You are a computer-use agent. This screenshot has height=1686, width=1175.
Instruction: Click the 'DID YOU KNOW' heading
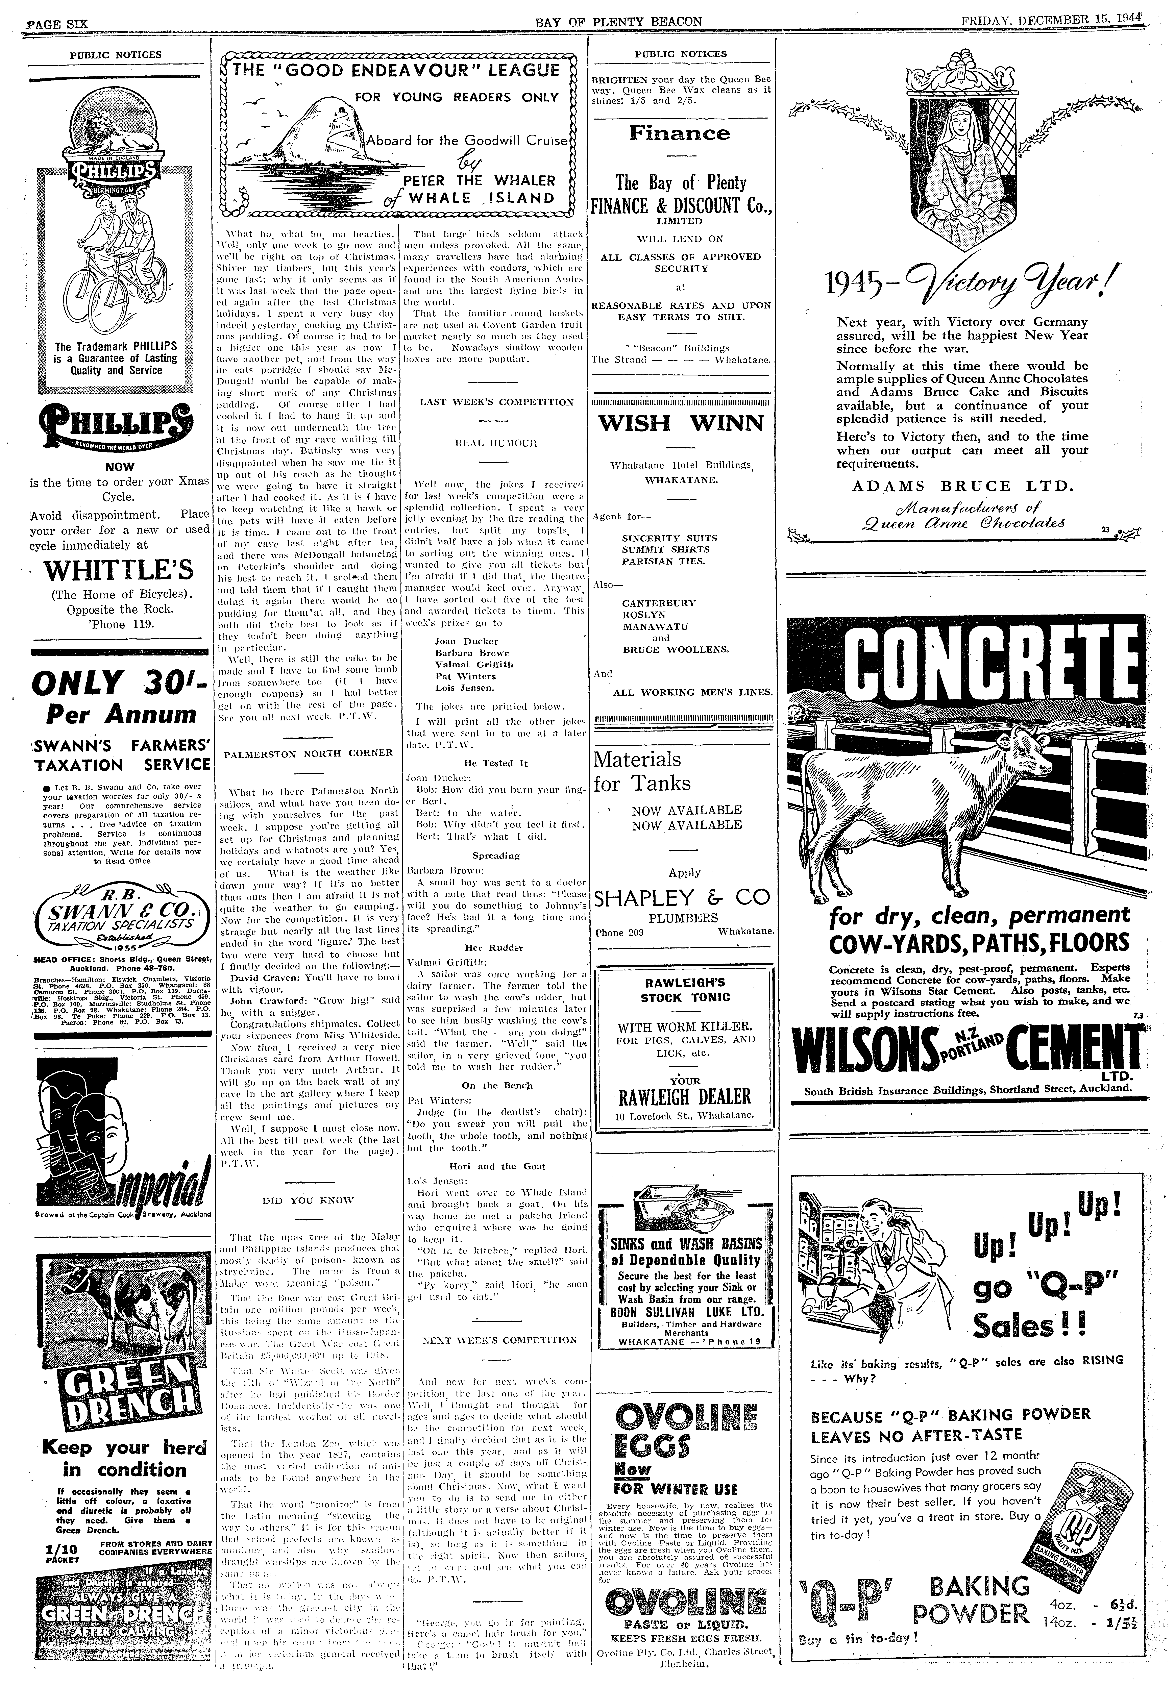pyautogui.click(x=309, y=1200)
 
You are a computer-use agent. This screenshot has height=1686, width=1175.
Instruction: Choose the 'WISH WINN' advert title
pyautogui.click(x=682, y=424)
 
